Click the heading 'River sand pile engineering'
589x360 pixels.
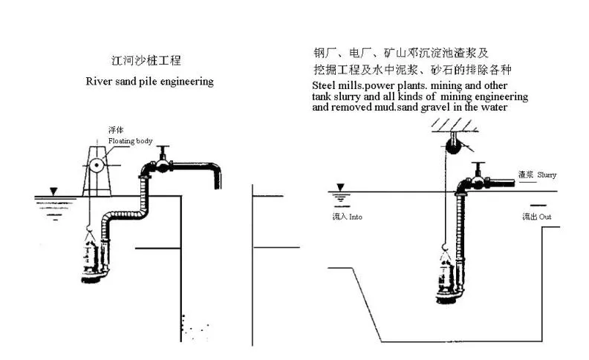click(x=149, y=81)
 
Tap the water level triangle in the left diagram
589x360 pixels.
click(x=53, y=192)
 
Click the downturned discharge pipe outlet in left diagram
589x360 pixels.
click(x=218, y=179)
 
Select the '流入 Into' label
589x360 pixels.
click(x=347, y=217)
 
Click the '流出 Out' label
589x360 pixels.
click(x=536, y=217)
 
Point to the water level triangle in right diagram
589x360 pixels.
click(x=341, y=188)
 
